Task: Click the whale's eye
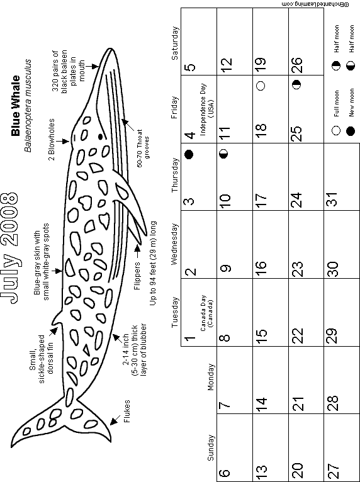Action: tap(100, 137)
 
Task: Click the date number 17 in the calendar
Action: tap(261, 201)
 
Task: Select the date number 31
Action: tap(333, 200)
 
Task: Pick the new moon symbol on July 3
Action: tap(189, 154)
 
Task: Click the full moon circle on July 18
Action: tap(261, 85)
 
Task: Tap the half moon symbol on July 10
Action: tap(224, 154)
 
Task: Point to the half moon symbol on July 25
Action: tap(296, 85)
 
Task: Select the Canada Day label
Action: tap(206, 313)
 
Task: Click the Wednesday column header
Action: tap(174, 244)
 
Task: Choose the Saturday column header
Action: tap(174, 43)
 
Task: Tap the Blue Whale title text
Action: tap(15, 106)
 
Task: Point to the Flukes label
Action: tap(127, 411)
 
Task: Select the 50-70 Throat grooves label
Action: tap(143, 148)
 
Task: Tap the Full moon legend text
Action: tap(337, 103)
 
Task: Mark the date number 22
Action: tap(297, 335)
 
